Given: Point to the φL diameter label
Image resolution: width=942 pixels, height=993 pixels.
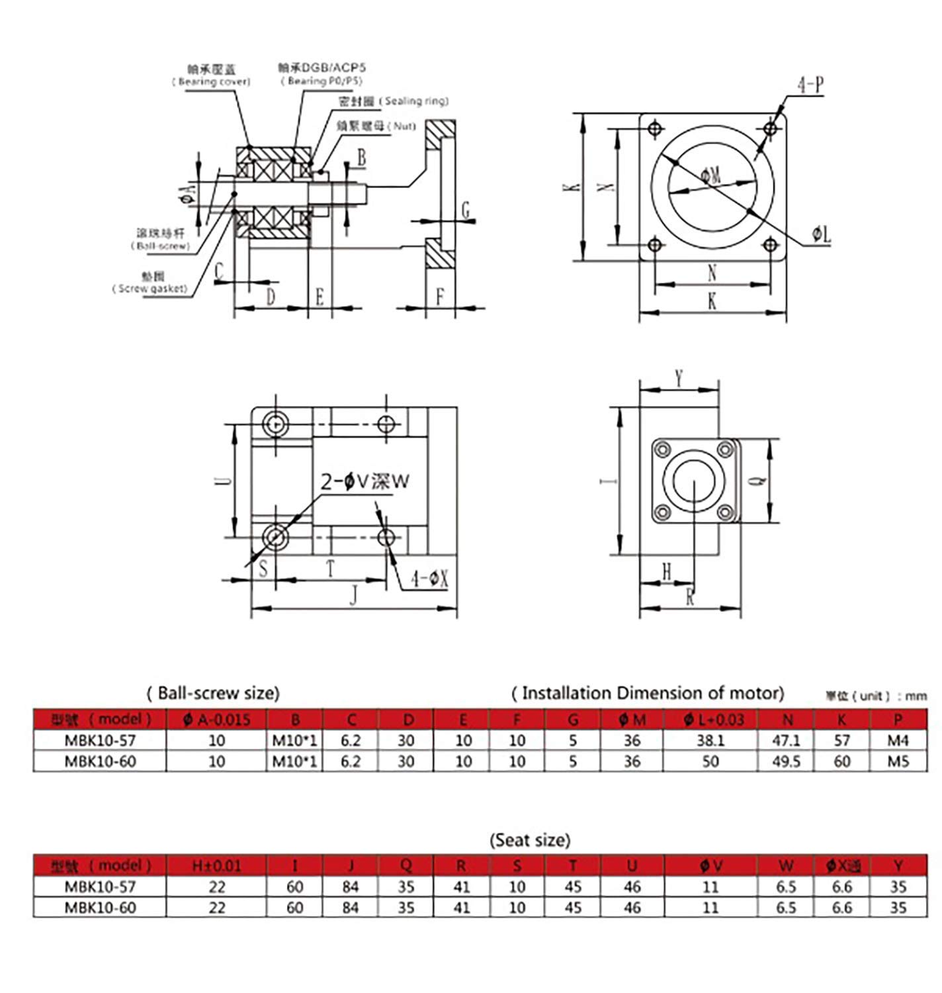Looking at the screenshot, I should (822, 234).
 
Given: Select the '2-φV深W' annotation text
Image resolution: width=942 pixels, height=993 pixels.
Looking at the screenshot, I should (365, 481).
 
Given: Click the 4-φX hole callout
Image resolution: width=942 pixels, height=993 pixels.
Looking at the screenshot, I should (429, 580).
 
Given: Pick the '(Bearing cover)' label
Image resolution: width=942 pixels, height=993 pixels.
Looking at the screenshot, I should (212, 81).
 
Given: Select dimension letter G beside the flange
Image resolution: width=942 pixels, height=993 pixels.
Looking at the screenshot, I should (465, 211).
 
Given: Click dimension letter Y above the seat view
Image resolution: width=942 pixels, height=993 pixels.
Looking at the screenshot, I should (679, 379).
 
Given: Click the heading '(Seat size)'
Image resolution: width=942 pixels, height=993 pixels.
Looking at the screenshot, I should (529, 840).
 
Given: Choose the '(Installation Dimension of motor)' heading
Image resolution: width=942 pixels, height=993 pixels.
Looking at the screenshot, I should (648, 693).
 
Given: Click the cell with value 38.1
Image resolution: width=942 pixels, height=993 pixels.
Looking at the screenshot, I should (710, 740).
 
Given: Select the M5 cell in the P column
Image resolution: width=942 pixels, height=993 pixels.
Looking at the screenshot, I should (898, 761).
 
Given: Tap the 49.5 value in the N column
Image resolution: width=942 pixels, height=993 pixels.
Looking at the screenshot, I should (787, 761).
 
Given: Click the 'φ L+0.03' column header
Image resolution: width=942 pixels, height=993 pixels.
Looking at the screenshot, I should (710, 719).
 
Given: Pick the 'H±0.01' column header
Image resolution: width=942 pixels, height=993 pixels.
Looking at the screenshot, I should (216, 865).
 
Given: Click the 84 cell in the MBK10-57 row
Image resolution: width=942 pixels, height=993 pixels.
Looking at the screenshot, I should (351, 886).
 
